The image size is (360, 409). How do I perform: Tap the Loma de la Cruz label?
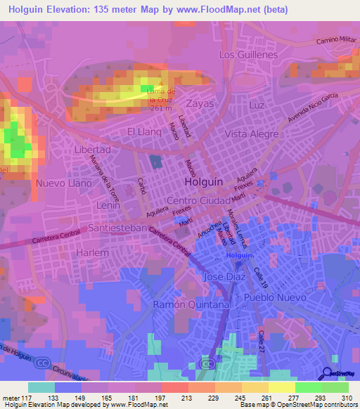[161, 97]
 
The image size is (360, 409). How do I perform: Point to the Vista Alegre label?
[252, 134]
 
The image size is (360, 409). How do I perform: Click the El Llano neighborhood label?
[143, 131]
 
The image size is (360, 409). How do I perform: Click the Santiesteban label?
[117, 228]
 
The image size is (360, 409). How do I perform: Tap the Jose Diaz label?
[224, 277]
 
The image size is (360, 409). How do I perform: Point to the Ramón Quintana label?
[192, 304]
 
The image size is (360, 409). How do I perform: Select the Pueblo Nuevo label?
[275, 298]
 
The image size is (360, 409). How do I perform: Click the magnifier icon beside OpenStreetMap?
[327, 374]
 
